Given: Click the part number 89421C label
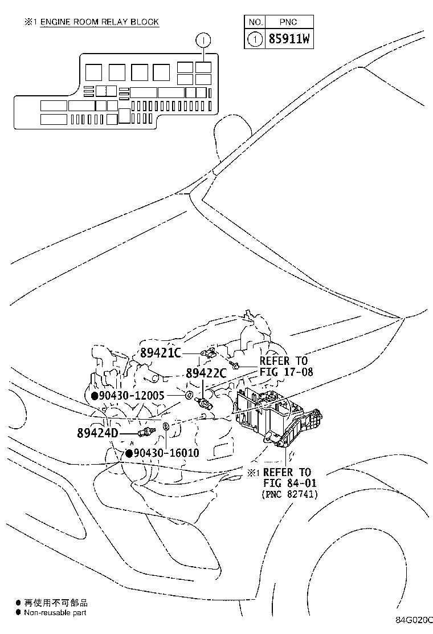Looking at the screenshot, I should click(160, 353).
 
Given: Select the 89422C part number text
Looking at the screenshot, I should click(206, 373).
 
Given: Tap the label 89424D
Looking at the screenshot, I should click(97, 433).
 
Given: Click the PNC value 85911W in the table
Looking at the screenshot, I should click(289, 39).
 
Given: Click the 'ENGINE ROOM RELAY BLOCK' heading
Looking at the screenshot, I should click(99, 22).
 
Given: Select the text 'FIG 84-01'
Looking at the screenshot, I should click(289, 483).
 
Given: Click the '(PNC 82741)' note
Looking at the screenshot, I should click(289, 494).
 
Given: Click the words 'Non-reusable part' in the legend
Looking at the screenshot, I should click(55, 612).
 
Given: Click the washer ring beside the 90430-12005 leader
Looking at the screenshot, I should click(189, 395).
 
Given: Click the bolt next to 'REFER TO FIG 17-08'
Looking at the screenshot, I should click(235, 363).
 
